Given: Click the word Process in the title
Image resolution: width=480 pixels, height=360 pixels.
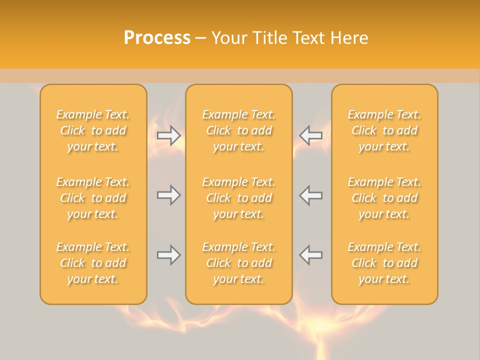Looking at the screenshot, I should pos(157,38).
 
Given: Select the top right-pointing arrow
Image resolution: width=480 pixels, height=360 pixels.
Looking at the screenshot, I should pos(169,135).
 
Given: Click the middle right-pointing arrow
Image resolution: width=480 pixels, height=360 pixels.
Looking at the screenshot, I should pos(169,195).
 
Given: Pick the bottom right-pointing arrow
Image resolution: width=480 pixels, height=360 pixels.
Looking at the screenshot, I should pos(169,255).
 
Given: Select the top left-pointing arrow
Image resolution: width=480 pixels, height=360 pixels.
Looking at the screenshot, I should pos(311,135).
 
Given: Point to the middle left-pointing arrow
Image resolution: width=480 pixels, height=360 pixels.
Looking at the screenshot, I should pos(311,195).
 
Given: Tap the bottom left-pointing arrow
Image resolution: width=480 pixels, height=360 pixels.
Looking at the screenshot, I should pos(311,255).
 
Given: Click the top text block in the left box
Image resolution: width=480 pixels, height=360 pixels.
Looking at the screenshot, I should pos(93,130).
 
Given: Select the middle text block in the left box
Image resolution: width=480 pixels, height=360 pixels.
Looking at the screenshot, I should pos(93,198).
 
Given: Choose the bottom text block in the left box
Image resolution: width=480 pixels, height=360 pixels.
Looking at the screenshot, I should pos(93,263).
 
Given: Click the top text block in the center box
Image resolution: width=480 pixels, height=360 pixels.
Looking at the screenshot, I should pos(239,130).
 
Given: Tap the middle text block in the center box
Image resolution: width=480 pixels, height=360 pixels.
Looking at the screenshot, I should pos(239,198).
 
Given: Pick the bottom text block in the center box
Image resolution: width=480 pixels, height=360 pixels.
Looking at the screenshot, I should pos(239,263).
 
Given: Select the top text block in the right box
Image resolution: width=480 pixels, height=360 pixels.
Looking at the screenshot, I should pos(384,130).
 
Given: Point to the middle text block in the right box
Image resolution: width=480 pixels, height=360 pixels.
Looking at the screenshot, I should pos(384,198).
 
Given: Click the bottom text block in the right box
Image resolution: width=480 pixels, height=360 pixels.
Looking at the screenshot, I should pos(384,263).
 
